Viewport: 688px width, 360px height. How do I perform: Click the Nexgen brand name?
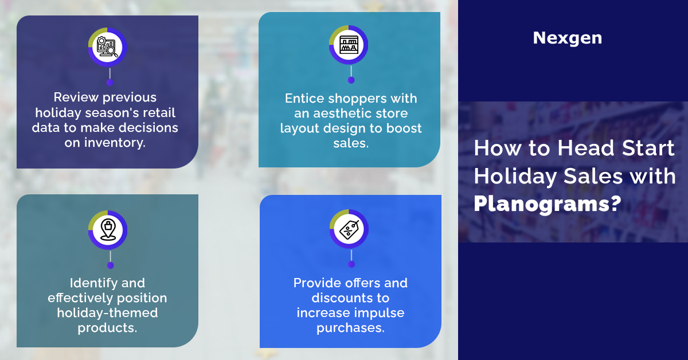tap(567, 38)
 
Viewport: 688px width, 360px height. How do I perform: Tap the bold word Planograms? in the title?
tap(548, 204)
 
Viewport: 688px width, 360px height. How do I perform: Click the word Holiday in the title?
tap(515, 177)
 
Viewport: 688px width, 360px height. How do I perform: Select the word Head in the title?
tap(585, 148)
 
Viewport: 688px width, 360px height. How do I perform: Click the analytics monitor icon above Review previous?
tap(107, 47)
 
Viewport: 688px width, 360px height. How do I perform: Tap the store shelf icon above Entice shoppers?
tap(349, 45)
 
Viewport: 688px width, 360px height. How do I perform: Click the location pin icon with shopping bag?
tap(108, 229)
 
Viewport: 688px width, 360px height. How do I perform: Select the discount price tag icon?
tap(349, 229)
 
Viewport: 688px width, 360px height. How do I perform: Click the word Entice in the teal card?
tap(304, 99)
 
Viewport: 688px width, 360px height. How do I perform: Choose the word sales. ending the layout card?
tap(351, 143)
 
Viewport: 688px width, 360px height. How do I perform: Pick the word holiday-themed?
tap(108, 313)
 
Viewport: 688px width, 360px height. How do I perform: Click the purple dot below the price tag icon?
tap(351, 264)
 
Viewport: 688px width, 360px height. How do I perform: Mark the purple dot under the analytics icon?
tap(110, 83)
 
